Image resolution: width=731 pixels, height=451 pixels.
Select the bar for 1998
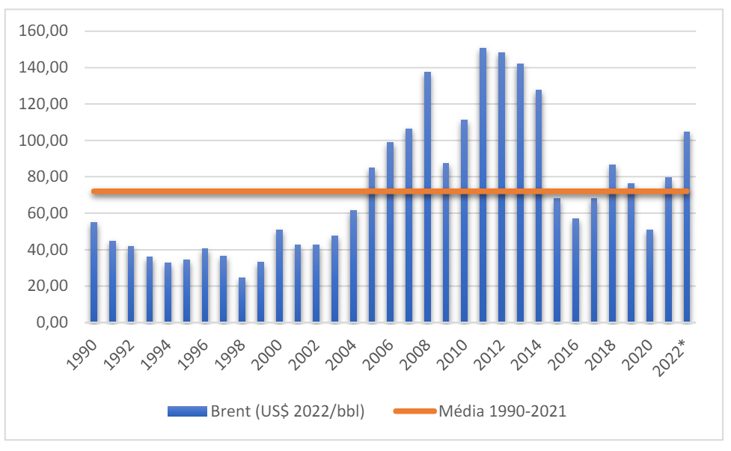[242, 300]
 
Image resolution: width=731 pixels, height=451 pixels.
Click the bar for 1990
[94, 272]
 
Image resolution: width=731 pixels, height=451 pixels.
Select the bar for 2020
[649, 276]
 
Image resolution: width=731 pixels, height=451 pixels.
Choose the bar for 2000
[279, 276]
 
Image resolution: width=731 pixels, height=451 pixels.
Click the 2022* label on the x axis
[676, 350]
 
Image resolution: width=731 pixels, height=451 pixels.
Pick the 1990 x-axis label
[82, 349]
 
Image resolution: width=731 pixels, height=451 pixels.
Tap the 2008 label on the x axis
[416, 349]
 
